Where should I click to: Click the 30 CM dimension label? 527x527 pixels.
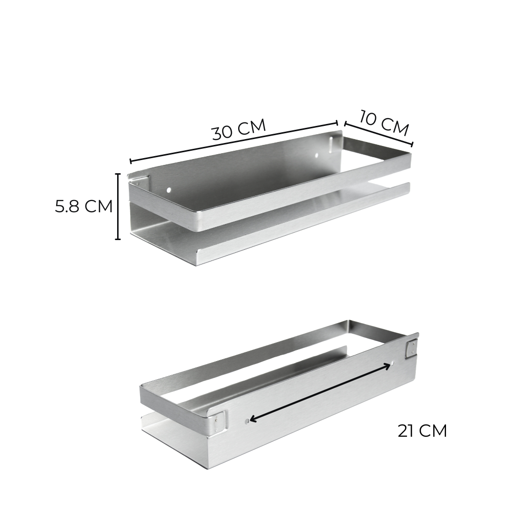239,129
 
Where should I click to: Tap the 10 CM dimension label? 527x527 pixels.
384,123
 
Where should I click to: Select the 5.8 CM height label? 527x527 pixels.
83,206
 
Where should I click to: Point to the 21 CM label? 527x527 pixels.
422,431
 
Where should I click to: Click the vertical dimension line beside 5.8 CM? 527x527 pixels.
118,206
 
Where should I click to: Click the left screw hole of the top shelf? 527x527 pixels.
169,190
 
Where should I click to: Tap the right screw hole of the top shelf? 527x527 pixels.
316,156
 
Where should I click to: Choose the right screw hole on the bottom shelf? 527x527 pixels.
393,364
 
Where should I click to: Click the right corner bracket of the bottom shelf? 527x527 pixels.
411,347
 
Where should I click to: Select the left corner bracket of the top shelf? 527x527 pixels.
139,181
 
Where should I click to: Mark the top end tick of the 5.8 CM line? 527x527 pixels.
118,174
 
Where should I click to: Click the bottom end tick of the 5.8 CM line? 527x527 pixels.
118,239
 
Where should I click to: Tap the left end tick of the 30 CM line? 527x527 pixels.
131,161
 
